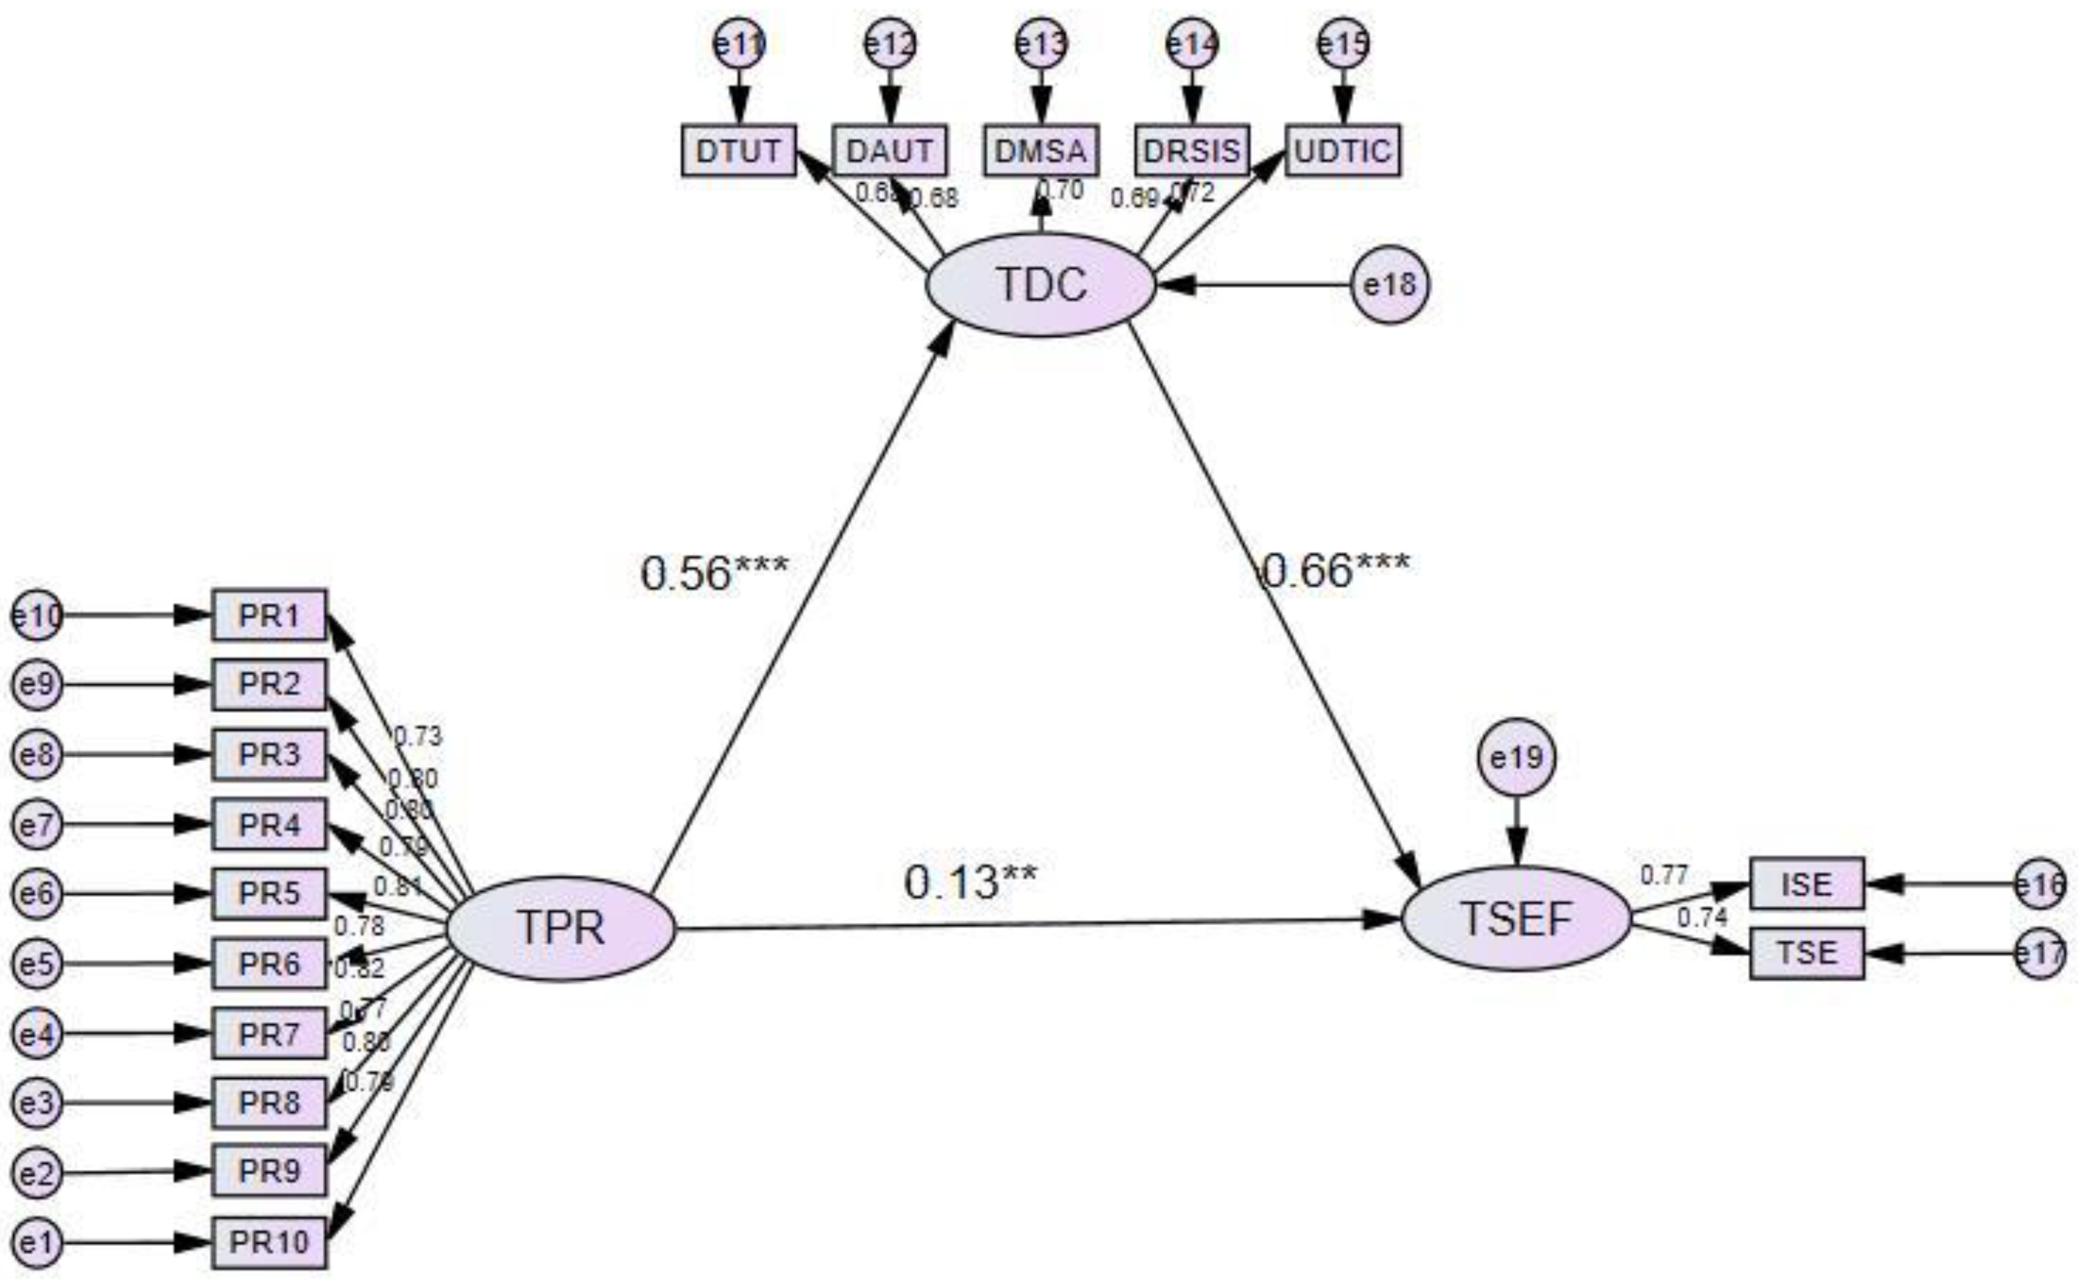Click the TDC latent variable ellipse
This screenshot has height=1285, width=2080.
tap(1040, 285)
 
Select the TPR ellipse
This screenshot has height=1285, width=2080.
tap(561, 928)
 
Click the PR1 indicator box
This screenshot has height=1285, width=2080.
tap(269, 614)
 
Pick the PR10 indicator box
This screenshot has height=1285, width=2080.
tap(269, 1242)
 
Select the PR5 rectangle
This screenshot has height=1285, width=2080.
tap(269, 893)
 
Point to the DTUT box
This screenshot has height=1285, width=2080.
tap(738, 150)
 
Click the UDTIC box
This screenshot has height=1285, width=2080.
tap(1343, 150)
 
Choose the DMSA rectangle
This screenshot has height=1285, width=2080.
tap(1041, 150)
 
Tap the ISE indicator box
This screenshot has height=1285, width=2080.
tap(1806, 884)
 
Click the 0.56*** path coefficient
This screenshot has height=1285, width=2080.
tap(714, 573)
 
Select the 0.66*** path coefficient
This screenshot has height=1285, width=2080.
tap(1334, 569)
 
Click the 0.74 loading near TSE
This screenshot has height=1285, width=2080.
tap(1702, 918)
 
